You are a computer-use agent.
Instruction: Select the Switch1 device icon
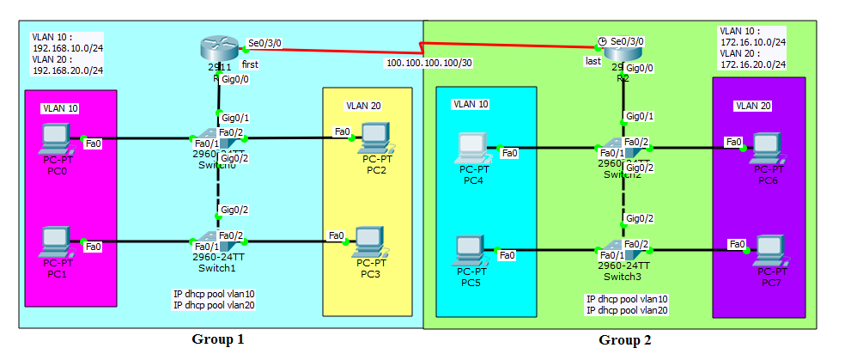click(x=206, y=242)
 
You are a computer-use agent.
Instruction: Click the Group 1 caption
click(x=218, y=339)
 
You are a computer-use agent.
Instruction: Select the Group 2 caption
click(x=624, y=340)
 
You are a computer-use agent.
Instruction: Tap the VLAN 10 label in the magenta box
click(x=59, y=109)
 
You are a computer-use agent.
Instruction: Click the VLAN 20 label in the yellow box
click(x=363, y=106)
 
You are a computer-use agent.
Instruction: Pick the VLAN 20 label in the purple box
click(x=752, y=106)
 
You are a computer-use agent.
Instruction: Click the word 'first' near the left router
click(x=250, y=64)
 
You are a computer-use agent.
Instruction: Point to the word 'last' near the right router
click(x=593, y=61)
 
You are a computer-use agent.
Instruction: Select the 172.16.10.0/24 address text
click(x=753, y=41)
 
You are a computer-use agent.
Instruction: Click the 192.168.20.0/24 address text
click(x=68, y=70)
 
